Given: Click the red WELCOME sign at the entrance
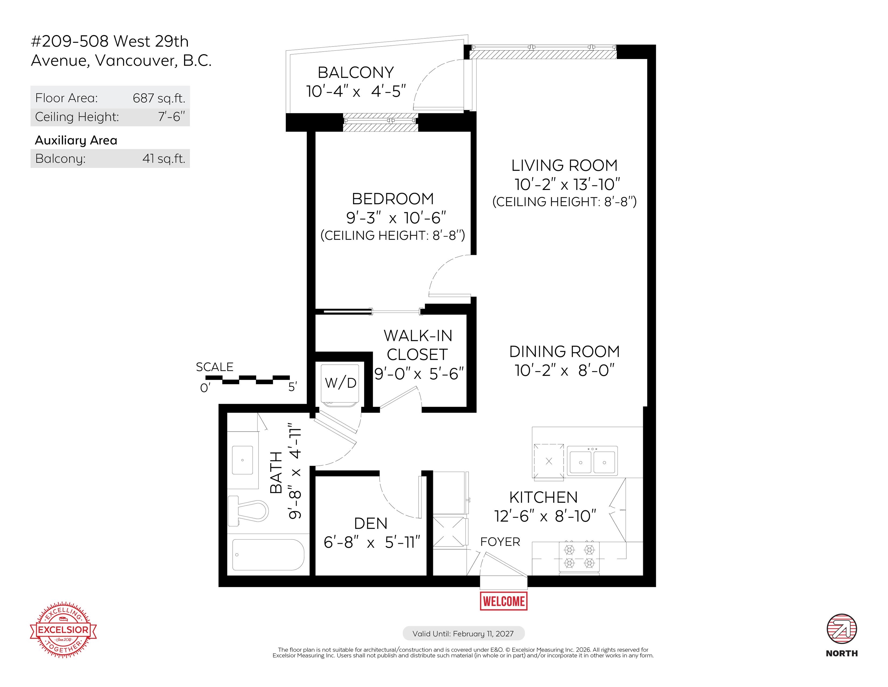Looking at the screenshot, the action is coord(504,601).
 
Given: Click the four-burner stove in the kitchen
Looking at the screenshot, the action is coord(579,557).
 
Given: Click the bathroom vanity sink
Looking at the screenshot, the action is coord(242,460).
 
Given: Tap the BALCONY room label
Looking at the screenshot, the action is coord(356,72).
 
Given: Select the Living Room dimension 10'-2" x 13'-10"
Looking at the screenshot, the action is coord(567,184).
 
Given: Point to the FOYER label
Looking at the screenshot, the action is coord(500,542).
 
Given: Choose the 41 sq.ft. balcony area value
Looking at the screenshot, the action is coord(164,158).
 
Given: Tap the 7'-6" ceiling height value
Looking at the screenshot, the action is coord(171,117).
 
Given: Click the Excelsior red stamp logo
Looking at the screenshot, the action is coord(63,630).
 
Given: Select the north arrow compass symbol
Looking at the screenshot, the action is coord(842,629).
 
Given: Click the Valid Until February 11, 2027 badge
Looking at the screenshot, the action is coord(463,633).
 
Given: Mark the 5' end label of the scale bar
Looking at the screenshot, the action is coord(292,387).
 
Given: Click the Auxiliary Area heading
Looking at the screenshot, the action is coord(76,140).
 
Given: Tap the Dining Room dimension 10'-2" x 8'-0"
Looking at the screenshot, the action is coord(564,370).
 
